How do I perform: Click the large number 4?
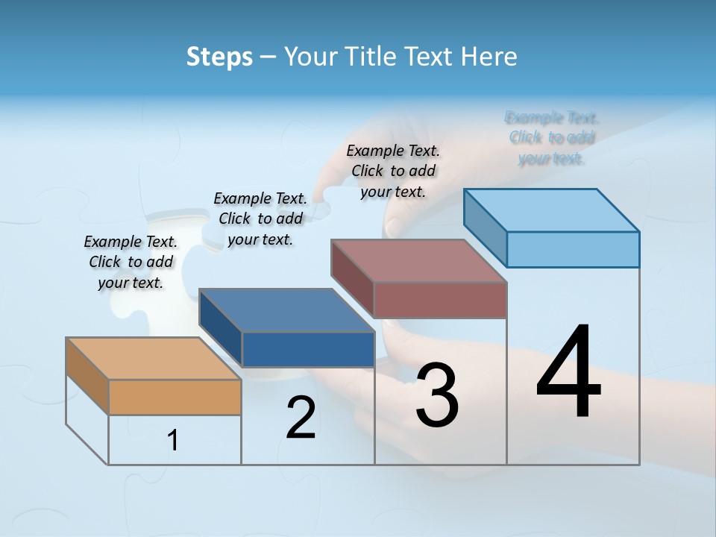(x=568, y=373)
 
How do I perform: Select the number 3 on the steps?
(x=436, y=395)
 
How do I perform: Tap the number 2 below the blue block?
(x=301, y=418)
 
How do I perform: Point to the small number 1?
(x=173, y=441)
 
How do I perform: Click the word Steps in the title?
(x=219, y=57)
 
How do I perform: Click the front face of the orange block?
(x=175, y=397)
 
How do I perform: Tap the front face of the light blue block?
(x=573, y=249)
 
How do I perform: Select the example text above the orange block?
(x=131, y=262)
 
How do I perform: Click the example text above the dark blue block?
(x=260, y=219)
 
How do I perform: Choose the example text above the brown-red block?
(x=393, y=171)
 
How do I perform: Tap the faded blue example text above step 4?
(x=552, y=138)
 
